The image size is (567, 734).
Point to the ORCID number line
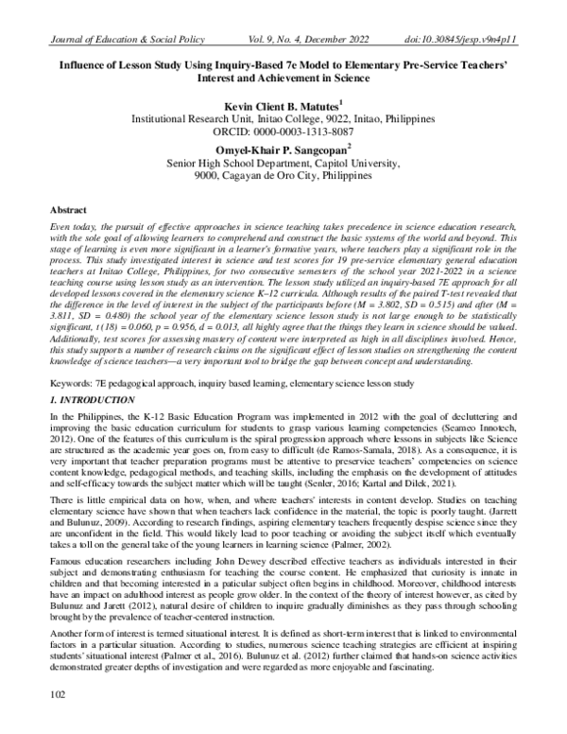tap(283, 133)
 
